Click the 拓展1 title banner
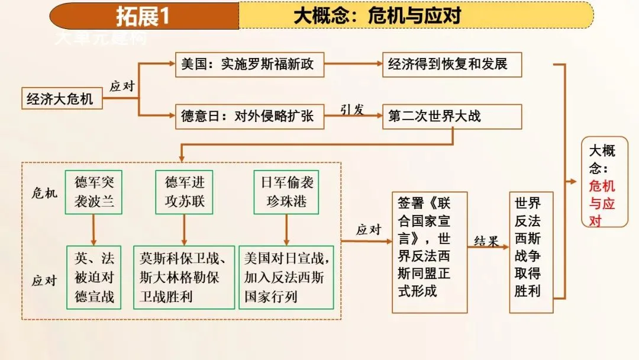tap(144, 16)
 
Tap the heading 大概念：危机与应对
tap(377, 16)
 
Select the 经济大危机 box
tap(60, 98)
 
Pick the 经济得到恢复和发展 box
tap(452, 65)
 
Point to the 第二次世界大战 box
tap(452, 117)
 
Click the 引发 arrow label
tap(351, 109)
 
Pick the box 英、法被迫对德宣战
tap(94, 277)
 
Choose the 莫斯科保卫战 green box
tap(184, 277)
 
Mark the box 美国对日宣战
tap(286, 277)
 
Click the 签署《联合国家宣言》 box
tap(430, 252)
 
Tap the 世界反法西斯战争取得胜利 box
tap(531, 252)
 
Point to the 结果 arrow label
tap(488, 241)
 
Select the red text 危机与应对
tap(602, 203)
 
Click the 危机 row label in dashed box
tap(44, 192)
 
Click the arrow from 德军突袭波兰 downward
tap(93, 230)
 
